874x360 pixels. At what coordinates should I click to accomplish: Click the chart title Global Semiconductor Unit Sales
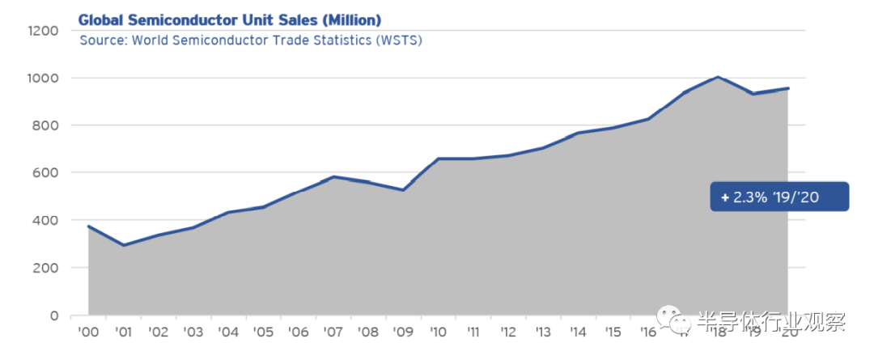pyautogui.click(x=230, y=19)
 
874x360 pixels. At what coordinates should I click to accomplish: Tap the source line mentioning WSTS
pyautogui.click(x=251, y=40)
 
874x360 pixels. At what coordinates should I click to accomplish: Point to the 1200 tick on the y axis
pyautogui.click(x=43, y=31)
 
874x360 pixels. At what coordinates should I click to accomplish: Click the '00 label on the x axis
pyautogui.click(x=88, y=332)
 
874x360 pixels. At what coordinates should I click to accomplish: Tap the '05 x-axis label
pyautogui.click(x=263, y=332)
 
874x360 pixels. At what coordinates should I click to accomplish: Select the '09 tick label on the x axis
pyautogui.click(x=403, y=332)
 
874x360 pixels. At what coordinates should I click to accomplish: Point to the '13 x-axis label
pyautogui.click(x=543, y=332)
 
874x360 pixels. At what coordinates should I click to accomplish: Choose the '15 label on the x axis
pyautogui.click(x=613, y=332)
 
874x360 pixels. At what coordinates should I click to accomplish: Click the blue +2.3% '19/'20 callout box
pyautogui.click(x=779, y=197)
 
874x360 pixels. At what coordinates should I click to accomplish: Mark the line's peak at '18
pyautogui.click(x=718, y=78)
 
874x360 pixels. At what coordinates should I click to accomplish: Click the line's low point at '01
pyautogui.click(x=123, y=245)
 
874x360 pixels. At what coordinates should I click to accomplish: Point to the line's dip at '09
pyautogui.click(x=403, y=190)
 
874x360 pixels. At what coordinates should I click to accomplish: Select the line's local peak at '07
pyautogui.click(x=333, y=176)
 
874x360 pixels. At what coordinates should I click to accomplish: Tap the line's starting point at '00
pyautogui.click(x=88, y=227)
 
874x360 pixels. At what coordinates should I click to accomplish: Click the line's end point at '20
pyautogui.click(x=787, y=88)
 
